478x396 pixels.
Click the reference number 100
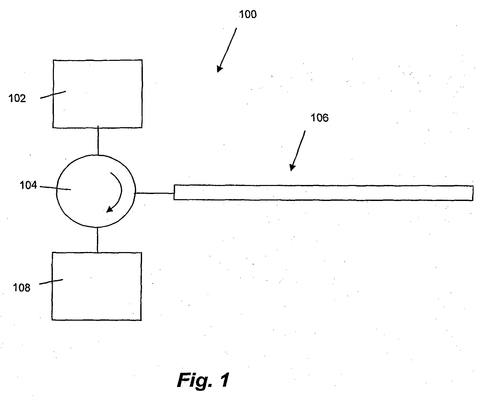point(248,14)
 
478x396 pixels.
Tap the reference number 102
point(18,99)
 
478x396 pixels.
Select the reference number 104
point(28,185)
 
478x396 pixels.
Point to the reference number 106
point(320,118)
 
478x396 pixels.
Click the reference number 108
point(22,288)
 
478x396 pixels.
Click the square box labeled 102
point(97,94)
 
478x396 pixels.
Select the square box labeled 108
point(97,286)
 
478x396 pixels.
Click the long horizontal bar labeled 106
point(323,192)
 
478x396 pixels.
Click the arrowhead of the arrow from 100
point(219,69)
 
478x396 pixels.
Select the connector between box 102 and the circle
point(98,141)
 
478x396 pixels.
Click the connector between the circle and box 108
point(97,240)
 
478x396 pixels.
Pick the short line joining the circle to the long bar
point(154,193)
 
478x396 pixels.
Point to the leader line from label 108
point(51,282)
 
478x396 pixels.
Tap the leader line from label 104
point(55,188)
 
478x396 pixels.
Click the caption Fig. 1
point(203,380)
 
